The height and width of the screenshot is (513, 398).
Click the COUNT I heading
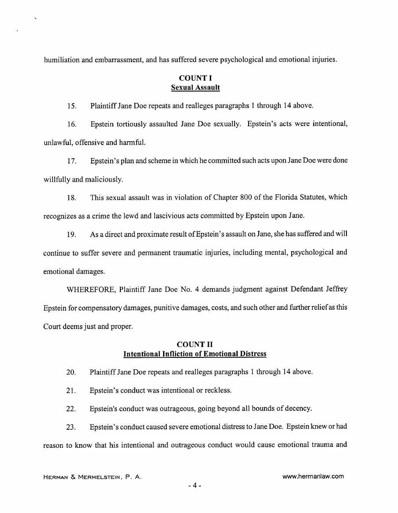(x=195, y=78)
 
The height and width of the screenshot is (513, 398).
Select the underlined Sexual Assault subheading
(x=195, y=87)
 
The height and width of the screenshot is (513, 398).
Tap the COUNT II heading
(x=195, y=344)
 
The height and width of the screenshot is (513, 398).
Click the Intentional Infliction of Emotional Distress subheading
(x=195, y=354)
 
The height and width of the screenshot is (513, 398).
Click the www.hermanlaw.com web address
(x=312, y=476)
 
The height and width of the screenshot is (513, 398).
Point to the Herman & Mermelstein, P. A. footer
(x=92, y=477)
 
